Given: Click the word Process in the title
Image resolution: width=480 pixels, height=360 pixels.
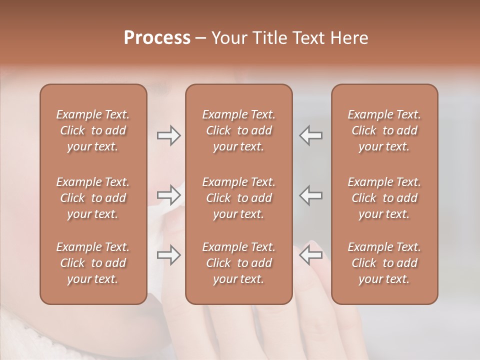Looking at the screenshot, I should pyautogui.click(x=157, y=38).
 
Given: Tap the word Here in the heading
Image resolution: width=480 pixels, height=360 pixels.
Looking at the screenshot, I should pyautogui.click(x=349, y=38).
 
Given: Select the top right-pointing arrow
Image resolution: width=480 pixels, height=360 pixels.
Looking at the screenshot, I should pyautogui.click(x=168, y=135).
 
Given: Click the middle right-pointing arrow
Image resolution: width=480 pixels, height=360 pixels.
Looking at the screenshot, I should pyautogui.click(x=168, y=195).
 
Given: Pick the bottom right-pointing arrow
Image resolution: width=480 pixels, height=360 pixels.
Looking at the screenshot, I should pyautogui.click(x=168, y=255).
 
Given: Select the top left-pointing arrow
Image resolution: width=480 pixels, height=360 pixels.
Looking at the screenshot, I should pyautogui.click(x=311, y=135).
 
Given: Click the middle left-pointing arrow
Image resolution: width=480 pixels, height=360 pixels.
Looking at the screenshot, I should pyautogui.click(x=311, y=195).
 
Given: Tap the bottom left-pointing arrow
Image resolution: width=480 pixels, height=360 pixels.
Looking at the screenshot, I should pyautogui.click(x=311, y=255).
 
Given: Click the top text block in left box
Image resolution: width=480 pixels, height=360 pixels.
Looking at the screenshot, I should pyautogui.click(x=93, y=130).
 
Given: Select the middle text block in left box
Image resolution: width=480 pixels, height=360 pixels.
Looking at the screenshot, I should pyautogui.click(x=93, y=198).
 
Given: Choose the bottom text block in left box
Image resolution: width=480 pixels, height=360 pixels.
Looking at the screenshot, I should pyautogui.click(x=93, y=263).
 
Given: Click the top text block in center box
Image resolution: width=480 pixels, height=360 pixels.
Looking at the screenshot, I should pyautogui.click(x=238, y=130).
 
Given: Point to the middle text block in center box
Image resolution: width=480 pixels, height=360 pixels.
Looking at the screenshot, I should pyautogui.click(x=238, y=198).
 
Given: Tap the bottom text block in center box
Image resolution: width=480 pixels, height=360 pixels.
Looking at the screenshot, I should pyautogui.click(x=238, y=263).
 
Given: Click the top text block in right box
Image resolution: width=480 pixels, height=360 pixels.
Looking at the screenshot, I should pyautogui.click(x=384, y=130).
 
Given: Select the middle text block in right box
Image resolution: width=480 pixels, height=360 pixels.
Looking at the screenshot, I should pyautogui.click(x=384, y=198).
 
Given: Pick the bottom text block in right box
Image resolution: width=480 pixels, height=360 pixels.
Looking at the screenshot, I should pyautogui.click(x=384, y=263).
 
